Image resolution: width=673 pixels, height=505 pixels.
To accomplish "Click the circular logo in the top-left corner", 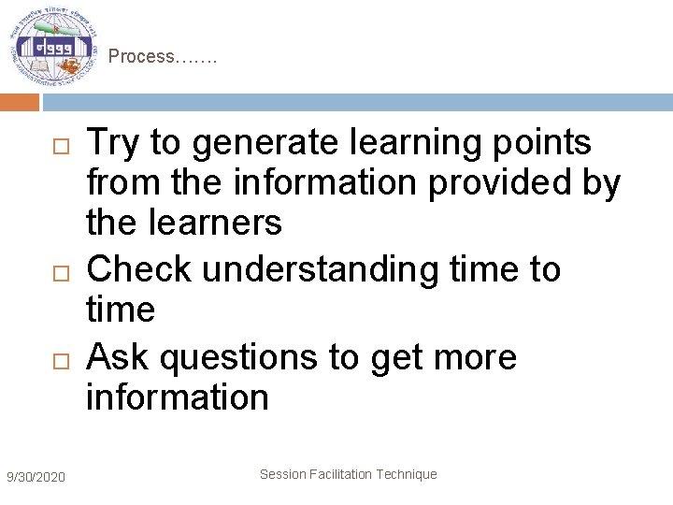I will [x=52, y=47].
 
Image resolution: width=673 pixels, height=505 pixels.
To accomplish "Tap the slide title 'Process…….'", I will [x=162, y=57].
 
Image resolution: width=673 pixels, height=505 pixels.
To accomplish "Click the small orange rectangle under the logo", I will [x=19, y=102].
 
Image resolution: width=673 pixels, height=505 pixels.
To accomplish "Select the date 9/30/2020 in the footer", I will [x=36, y=478].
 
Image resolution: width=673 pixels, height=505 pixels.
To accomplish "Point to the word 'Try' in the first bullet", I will [x=112, y=143].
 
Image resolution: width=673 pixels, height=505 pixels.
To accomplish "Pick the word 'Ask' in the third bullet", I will [x=116, y=356].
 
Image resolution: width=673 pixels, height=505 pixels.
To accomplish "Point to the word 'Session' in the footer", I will [x=281, y=474].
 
